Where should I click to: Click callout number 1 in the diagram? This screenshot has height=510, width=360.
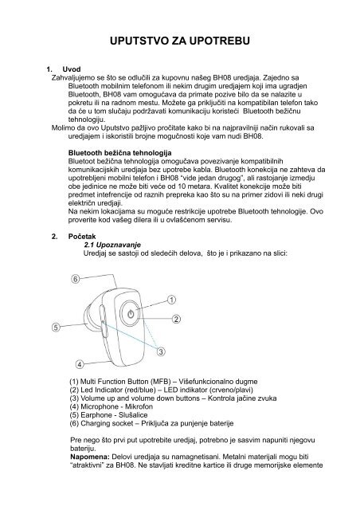coord(171,300)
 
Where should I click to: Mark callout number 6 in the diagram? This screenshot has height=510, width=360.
coord(75,279)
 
